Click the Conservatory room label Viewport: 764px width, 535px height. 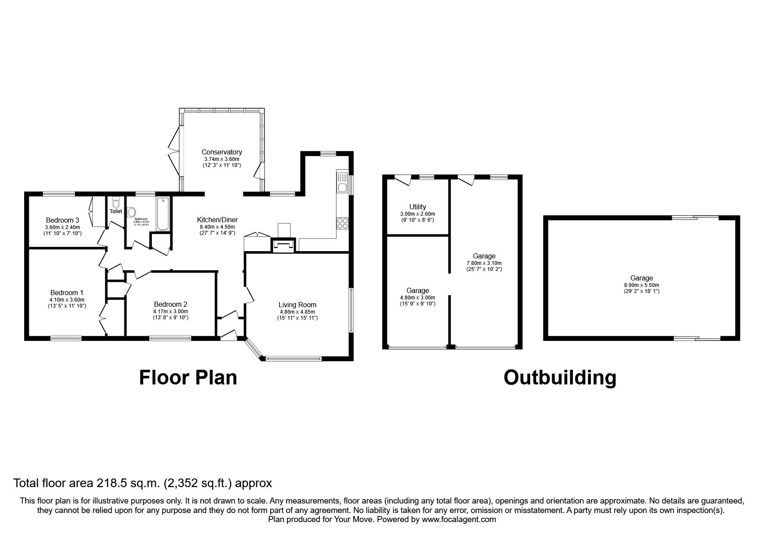point(222,152)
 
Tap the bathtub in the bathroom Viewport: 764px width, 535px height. point(163,214)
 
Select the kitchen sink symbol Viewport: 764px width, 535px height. point(343,183)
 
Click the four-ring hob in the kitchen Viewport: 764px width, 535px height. point(343,223)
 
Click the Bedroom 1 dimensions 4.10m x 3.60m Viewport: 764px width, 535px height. point(67,300)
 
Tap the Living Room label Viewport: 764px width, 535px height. point(297,305)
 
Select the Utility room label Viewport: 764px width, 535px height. point(417,207)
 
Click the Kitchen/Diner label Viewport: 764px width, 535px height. point(217,220)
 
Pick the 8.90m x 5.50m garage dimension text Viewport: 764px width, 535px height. point(641,285)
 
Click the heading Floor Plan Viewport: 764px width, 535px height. point(188,378)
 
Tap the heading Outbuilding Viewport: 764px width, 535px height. point(560,378)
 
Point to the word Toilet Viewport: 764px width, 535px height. point(116,211)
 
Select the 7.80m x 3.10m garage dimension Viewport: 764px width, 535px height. point(484,263)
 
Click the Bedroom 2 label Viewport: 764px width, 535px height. point(170,304)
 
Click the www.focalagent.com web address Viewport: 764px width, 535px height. point(458,519)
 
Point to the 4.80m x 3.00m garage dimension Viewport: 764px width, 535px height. point(417,298)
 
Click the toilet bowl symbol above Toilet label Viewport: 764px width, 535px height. point(116,202)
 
